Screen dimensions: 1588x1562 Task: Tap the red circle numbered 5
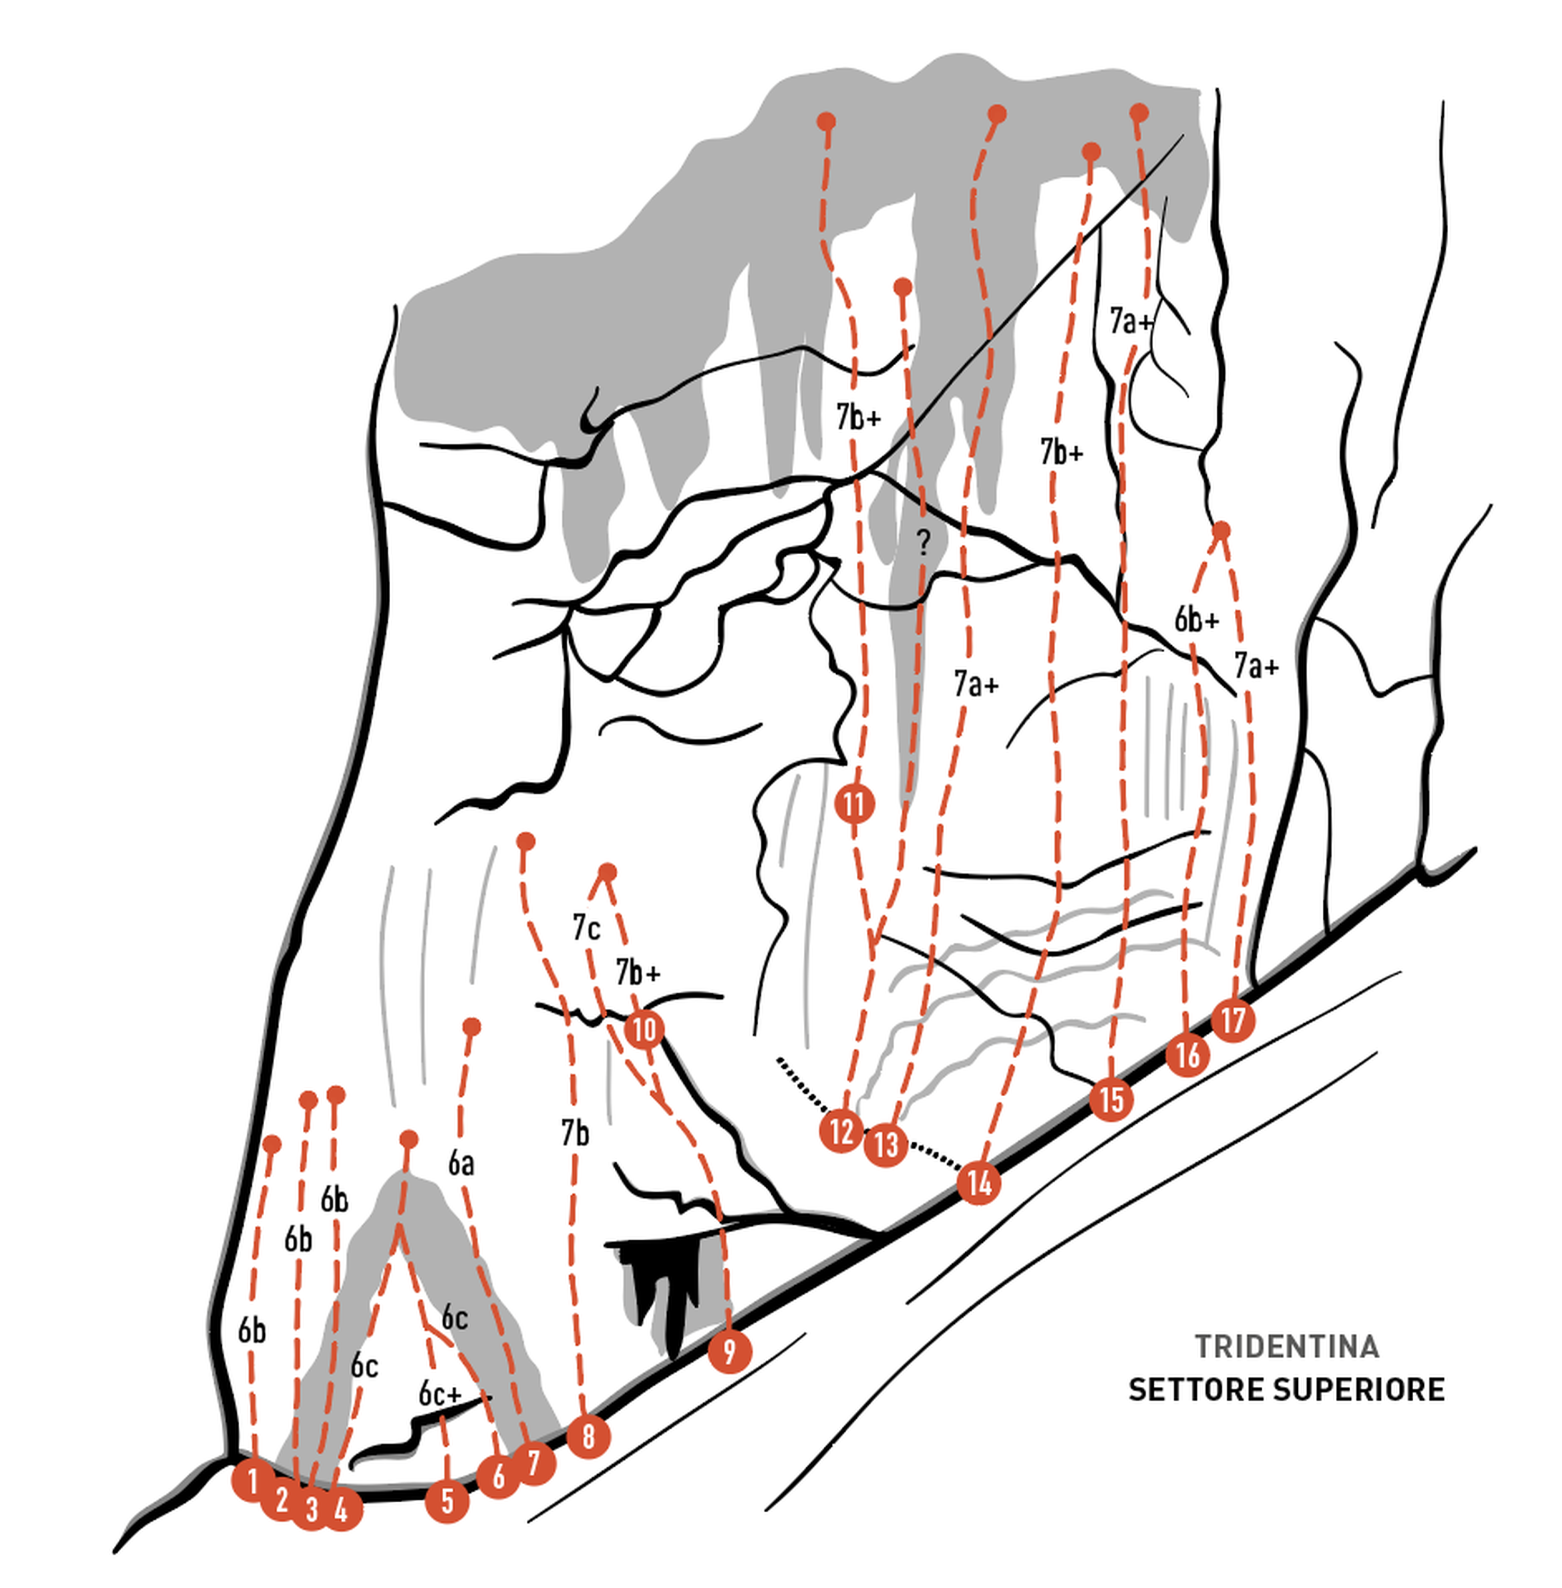click(447, 1501)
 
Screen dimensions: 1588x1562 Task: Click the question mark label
click(924, 542)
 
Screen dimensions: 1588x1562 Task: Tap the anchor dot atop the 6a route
click(472, 1026)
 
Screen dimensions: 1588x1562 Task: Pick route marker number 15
click(1111, 1099)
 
